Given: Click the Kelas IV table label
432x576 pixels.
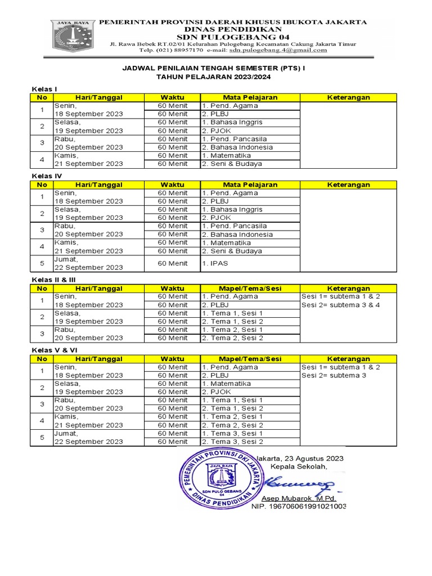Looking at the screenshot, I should (46, 176).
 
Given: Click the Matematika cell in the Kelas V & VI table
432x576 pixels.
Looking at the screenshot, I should (226, 384).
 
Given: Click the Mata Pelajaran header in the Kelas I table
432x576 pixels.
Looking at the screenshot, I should (250, 97).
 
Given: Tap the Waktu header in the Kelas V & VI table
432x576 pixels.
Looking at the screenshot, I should (172, 359).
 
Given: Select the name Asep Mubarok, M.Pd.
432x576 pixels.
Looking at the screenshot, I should (299, 498).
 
